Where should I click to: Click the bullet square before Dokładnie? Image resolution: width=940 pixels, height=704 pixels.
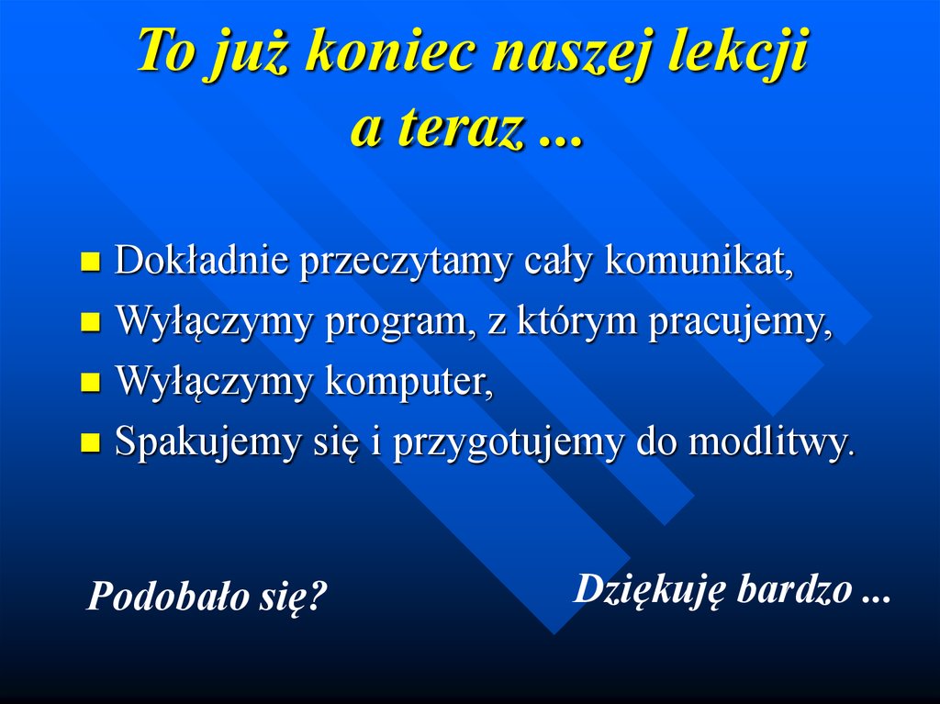pos(90,264)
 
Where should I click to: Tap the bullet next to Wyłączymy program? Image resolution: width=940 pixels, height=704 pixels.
pos(90,324)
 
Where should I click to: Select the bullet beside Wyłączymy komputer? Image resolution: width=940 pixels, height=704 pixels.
pos(90,384)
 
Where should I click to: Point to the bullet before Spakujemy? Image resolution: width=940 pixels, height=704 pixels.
pos(90,444)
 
